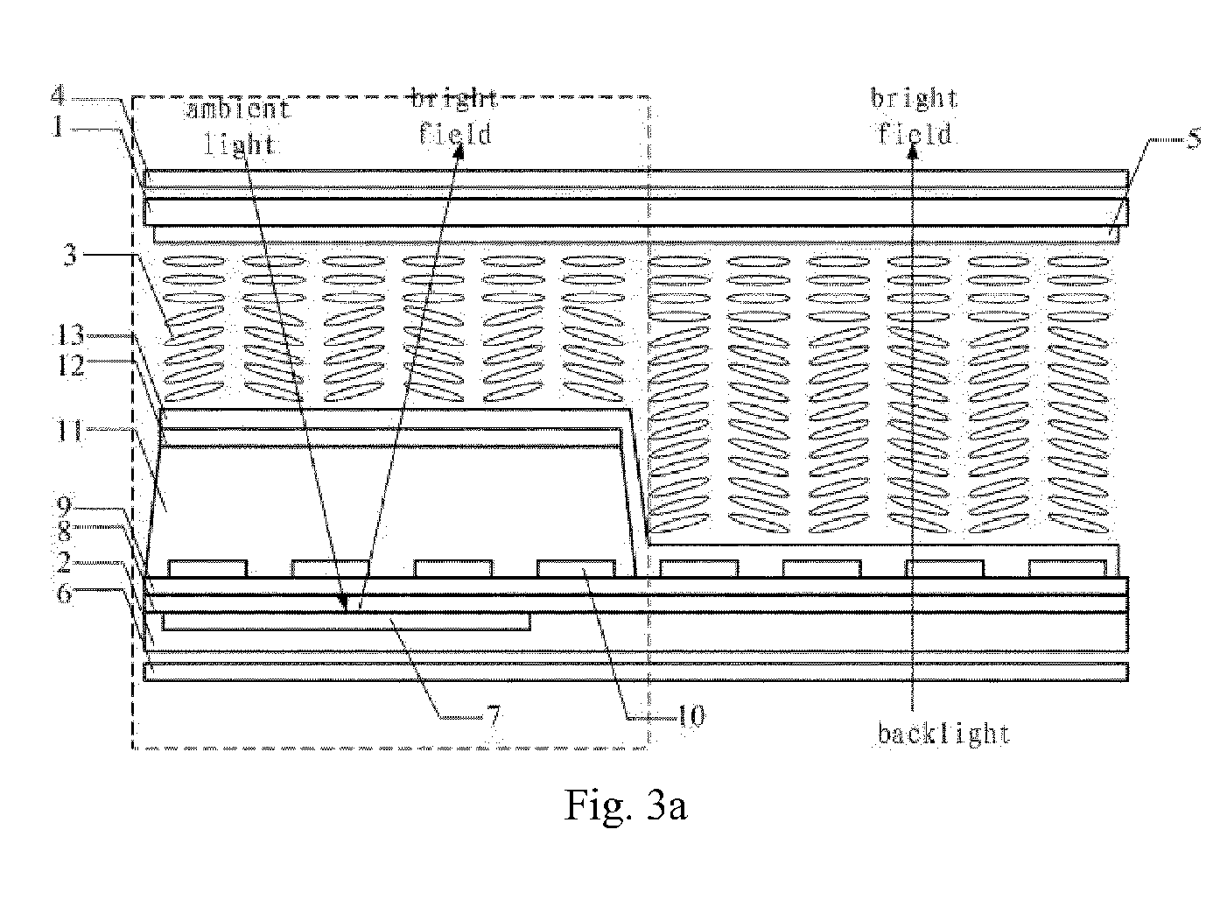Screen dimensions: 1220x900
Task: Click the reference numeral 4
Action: coord(59,96)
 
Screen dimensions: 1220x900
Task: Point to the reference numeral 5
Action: coord(1194,138)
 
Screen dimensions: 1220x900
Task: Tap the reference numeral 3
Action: coord(70,255)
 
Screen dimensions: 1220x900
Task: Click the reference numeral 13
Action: coord(71,334)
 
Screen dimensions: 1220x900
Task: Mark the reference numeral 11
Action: coord(70,432)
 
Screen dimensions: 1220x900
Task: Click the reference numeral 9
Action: coord(64,507)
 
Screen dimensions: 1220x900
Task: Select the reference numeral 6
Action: coord(64,593)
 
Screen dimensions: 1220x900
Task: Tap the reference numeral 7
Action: coord(493,717)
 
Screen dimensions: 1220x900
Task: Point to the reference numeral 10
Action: coord(691,716)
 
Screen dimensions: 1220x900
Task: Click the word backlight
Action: coord(943,734)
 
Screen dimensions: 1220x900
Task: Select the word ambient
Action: coord(239,109)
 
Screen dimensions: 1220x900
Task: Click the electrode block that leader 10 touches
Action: coord(576,568)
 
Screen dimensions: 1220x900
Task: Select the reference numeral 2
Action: coord(64,562)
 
